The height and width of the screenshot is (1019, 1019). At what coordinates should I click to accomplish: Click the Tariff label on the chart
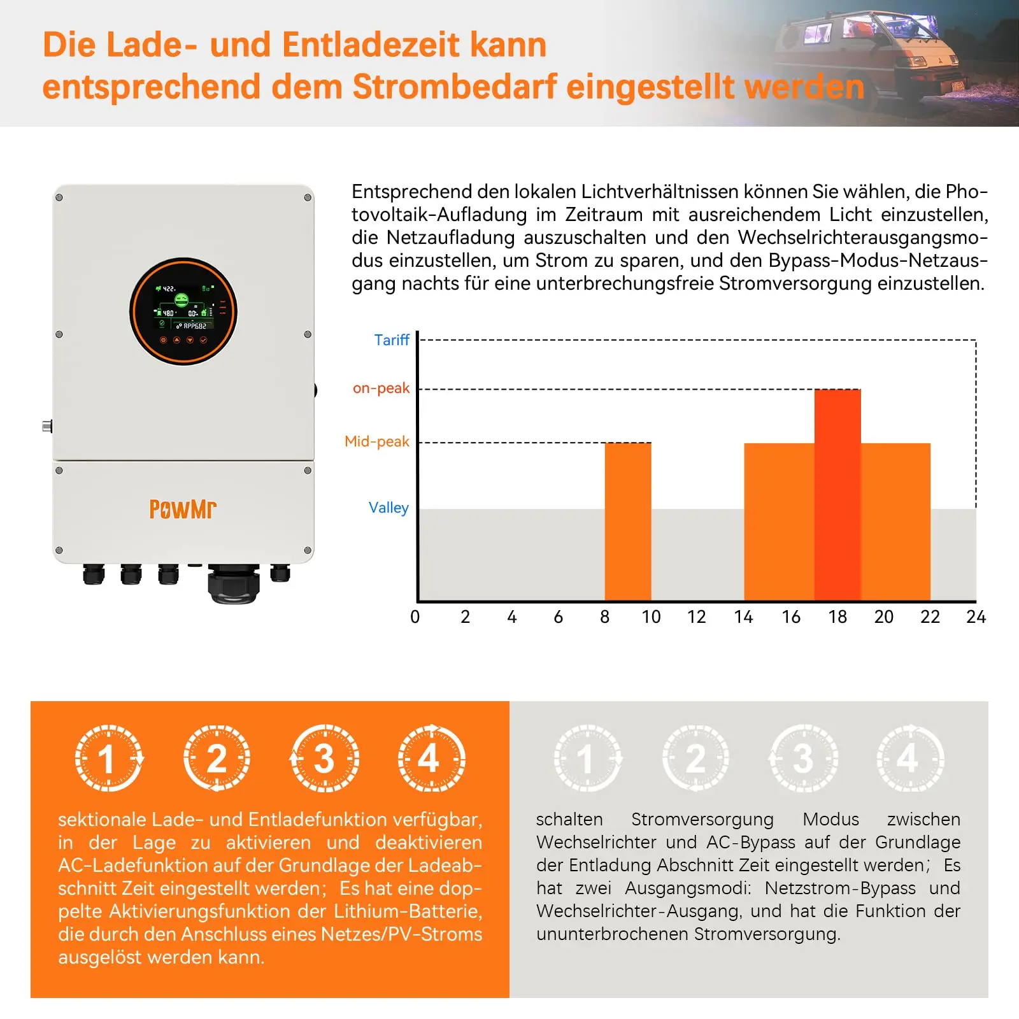coord(391,340)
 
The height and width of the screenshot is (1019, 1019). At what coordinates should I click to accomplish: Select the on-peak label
coord(381,388)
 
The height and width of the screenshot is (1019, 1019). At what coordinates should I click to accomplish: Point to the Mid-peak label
coord(376,441)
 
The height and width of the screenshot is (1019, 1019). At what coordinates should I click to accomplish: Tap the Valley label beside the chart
coord(388,508)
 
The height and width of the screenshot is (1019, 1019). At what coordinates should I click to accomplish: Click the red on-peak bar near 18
coord(837,494)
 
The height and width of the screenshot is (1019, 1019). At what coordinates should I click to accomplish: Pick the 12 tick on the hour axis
coord(696,616)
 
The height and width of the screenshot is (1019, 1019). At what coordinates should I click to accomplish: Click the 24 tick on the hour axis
coord(976,616)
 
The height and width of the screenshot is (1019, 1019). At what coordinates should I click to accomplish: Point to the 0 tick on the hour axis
coord(415,616)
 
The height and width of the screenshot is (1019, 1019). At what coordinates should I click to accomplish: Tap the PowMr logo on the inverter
coord(183,509)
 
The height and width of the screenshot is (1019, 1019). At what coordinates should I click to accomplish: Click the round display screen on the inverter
coord(183,311)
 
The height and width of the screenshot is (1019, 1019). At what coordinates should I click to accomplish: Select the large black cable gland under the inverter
coord(234,583)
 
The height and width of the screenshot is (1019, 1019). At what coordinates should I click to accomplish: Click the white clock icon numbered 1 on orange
coord(109,758)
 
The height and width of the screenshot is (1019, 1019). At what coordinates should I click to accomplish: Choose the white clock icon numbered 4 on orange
coord(431,758)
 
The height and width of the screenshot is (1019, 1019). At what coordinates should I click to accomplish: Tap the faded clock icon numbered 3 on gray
coord(804,758)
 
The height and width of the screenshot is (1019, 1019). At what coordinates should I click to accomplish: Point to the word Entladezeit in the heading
coord(371,45)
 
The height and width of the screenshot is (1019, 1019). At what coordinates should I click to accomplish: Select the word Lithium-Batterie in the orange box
coord(408,911)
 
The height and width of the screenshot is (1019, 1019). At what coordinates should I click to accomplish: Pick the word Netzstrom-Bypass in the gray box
coord(840,888)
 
